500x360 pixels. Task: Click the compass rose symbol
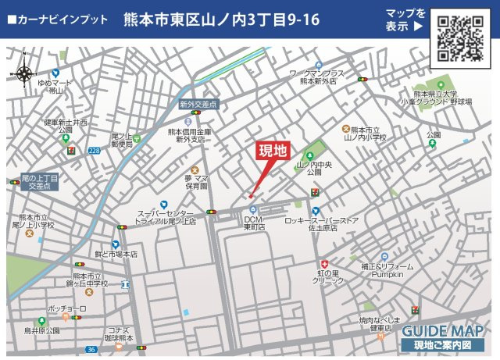(25, 72)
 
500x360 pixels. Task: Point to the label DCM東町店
(254, 224)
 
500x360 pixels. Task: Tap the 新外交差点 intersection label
(198, 103)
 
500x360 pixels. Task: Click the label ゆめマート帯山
(55, 86)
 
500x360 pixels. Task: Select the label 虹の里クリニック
(328, 277)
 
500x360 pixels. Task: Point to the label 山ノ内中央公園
(314, 169)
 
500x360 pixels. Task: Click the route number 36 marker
(91, 350)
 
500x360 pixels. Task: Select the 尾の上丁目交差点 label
(40, 183)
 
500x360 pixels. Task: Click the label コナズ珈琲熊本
(124, 334)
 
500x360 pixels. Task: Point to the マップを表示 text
(405, 20)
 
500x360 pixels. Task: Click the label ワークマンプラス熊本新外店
(317, 77)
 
